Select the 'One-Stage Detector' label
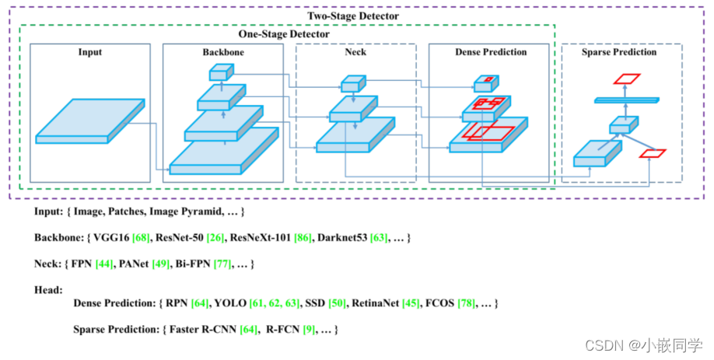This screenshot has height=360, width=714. coord(283,34)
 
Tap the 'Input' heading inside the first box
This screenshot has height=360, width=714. coord(89,53)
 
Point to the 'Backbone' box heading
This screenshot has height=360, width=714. coord(222,53)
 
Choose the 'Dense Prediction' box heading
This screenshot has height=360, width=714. coord(490,53)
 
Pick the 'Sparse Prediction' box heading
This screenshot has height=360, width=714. coord(619,53)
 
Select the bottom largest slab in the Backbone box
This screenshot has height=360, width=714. coord(224,151)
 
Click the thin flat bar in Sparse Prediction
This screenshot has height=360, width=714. coord(626,100)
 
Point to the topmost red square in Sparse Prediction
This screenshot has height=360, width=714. coord(626,79)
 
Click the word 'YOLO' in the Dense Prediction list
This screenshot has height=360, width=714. coord(230,302)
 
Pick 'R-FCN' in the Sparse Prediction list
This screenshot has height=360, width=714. coord(282,330)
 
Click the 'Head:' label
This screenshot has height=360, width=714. coord(48,289)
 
